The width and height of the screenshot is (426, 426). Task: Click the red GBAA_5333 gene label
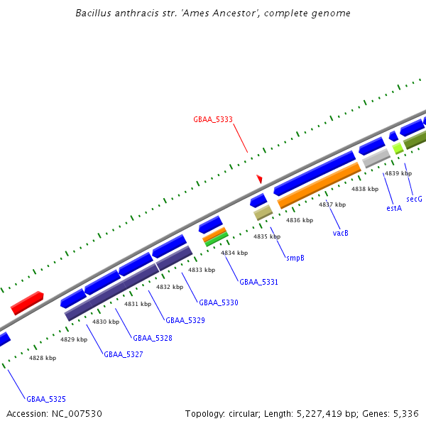[213, 120]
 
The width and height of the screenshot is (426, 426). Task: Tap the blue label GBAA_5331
[258, 283]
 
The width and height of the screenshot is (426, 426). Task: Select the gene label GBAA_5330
[219, 302]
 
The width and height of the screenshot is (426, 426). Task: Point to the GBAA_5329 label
[185, 321]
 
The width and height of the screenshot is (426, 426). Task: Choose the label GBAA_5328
[153, 339]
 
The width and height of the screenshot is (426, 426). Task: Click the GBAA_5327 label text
[124, 354]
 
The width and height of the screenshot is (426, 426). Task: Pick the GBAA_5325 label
[46, 400]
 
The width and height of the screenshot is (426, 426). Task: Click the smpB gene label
[295, 258]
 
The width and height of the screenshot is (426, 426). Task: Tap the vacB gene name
[341, 233]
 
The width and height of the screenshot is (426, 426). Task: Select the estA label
[394, 208]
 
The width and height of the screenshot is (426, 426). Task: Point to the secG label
[414, 200]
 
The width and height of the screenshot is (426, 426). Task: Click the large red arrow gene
[27, 304]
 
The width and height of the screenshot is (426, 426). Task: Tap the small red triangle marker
[260, 179]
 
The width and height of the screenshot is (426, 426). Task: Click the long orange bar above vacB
[319, 186]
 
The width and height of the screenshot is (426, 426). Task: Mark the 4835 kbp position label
[267, 236]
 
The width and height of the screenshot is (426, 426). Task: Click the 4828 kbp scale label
[43, 358]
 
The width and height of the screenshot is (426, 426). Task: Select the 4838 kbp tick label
[365, 189]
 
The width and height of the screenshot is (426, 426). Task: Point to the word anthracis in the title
[133, 13]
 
